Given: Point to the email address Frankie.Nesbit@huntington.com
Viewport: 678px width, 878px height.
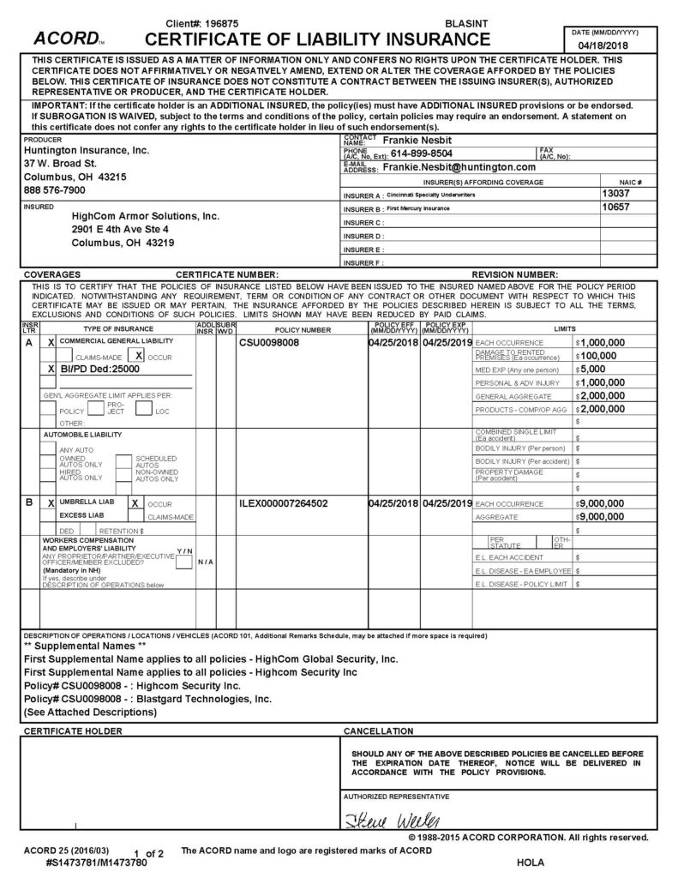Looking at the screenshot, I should (x=459, y=167).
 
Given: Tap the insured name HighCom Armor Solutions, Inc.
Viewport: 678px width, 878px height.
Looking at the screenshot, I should (x=146, y=217).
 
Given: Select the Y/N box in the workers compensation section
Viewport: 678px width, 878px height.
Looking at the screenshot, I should (x=183, y=562).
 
